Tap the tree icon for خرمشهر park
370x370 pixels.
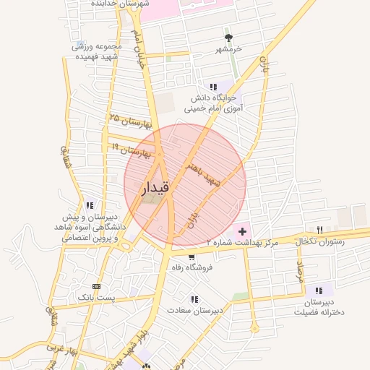tap(229, 38)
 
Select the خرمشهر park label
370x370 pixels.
tap(229, 49)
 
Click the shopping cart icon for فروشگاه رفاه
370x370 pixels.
tap(191, 257)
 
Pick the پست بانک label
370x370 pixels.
tap(97, 297)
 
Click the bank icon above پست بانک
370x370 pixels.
tap(97, 287)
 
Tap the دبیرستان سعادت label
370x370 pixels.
tap(194, 310)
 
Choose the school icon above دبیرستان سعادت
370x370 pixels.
tap(194, 299)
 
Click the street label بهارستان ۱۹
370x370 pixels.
tap(131, 150)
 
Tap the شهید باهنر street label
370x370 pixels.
tap(204, 174)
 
